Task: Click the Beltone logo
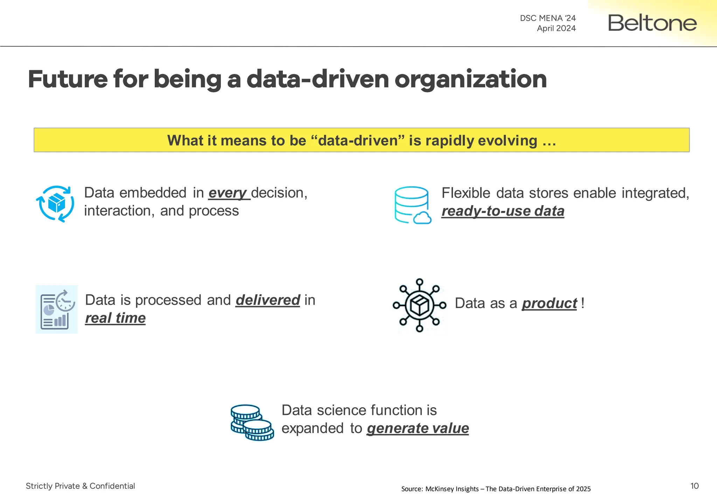[x=652, y=23]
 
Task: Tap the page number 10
[x=694, y=486]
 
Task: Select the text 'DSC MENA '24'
[x=548, y=18]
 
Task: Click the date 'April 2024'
[x=556, y=28]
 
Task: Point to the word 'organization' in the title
[x=471, y=79]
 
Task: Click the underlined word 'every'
[x=228, y=193]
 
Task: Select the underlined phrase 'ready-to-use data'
[x=503, y=211]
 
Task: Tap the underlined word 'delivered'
[x=268, y=300]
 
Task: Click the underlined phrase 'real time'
[x=115, y=318]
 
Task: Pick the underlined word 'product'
[x=549, y=304]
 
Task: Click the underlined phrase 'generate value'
[x=418, y=428]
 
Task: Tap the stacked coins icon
[x=252, y=422]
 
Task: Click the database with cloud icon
[x=412, y=205]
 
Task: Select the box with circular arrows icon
[x=55, y=204]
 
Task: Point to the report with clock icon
[x=57, y=309]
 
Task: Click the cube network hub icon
[x=419, y=305]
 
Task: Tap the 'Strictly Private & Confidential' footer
[x=80, y=486]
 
